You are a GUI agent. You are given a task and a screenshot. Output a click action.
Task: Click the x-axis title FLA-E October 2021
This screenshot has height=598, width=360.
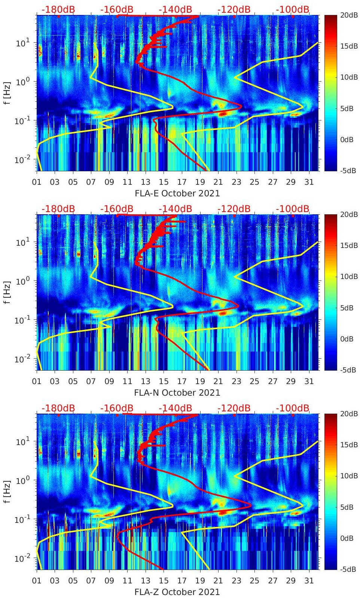tap(177, 193)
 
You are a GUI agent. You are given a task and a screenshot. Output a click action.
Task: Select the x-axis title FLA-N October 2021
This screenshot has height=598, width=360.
tap(177, 393)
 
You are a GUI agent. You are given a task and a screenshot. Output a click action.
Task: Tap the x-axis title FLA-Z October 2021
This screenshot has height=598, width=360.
tap(177, 592)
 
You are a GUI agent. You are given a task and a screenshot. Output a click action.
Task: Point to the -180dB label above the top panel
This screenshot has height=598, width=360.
tap(58, 9)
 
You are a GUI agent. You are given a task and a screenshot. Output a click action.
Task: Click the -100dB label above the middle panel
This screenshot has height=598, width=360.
tap(293, 209)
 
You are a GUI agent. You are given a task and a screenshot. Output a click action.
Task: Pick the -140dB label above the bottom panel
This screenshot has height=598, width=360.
tap(175, 408)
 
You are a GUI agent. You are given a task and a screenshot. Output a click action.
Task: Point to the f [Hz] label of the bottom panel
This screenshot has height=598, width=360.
tap(7, 491)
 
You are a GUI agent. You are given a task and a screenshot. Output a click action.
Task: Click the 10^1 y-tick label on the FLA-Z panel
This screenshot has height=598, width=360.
tap(22, 441)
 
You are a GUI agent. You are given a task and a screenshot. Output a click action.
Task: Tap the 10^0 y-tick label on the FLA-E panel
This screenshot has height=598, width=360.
tap(22, 82)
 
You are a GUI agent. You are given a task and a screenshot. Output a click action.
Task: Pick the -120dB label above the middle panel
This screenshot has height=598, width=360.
tap(234, 209)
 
